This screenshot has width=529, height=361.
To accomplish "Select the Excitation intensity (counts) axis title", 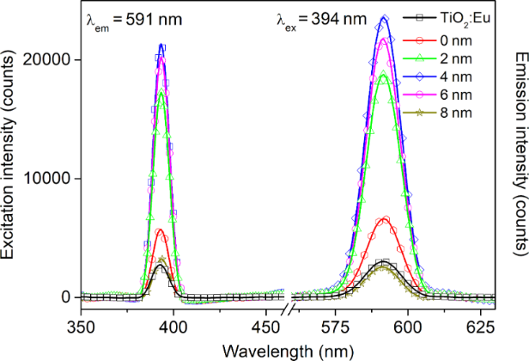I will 12,162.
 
